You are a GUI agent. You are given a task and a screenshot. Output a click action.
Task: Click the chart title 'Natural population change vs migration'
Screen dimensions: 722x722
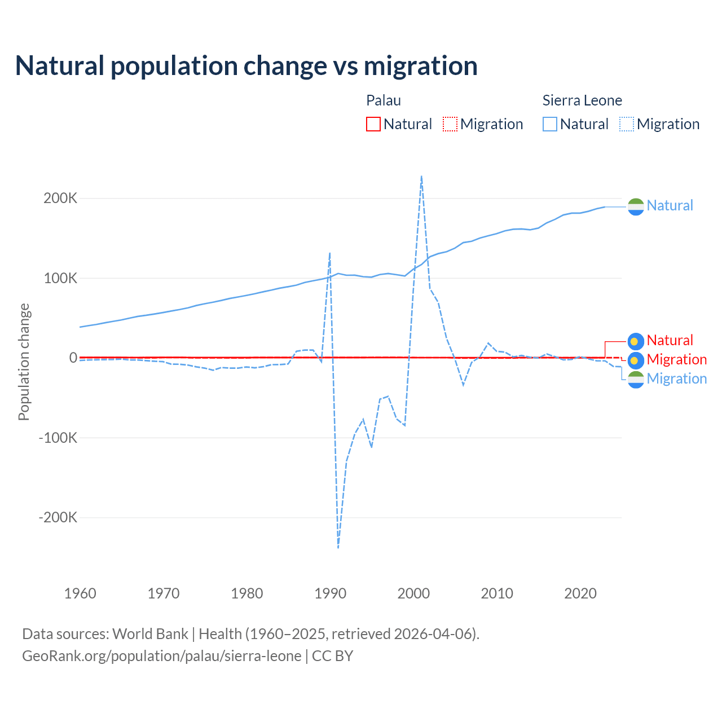(246, 66)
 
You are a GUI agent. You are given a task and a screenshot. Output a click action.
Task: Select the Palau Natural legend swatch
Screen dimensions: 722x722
(373, 124)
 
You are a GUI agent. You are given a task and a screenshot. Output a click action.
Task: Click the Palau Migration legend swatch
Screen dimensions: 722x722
(450, 124)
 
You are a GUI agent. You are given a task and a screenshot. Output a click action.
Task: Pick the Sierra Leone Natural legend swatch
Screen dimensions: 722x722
(550, 124)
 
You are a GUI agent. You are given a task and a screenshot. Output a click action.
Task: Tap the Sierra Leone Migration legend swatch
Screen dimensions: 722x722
(627, 124)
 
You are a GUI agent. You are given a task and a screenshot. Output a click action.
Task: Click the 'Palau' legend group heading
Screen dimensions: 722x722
(384, 100)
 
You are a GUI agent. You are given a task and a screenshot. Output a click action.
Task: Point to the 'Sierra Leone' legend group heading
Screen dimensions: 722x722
(582, 100)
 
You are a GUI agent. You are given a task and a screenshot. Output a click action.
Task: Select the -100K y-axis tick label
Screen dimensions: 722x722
(58, 438)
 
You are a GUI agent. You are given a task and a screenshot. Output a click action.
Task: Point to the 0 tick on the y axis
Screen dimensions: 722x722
(73, 358)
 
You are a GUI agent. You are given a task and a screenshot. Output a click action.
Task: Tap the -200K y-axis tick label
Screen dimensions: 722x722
(58, 517)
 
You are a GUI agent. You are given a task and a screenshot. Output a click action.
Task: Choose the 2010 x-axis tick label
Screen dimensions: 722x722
(497, 593)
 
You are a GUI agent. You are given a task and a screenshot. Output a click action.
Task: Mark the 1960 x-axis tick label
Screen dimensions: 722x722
(80, 593)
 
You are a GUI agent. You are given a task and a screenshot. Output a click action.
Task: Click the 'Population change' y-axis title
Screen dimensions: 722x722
(24, 362)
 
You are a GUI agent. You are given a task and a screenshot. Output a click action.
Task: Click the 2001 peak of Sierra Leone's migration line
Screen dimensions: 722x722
(421, 177)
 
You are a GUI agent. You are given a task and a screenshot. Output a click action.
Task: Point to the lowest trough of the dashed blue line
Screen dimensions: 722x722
(338, 547)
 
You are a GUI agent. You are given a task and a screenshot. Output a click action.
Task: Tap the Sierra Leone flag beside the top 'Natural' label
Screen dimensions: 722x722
(636, 207)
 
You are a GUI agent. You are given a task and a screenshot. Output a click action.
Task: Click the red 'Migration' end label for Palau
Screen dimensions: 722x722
(676, 359)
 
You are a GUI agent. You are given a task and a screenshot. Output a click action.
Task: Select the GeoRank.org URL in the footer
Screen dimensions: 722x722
(162, 656)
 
